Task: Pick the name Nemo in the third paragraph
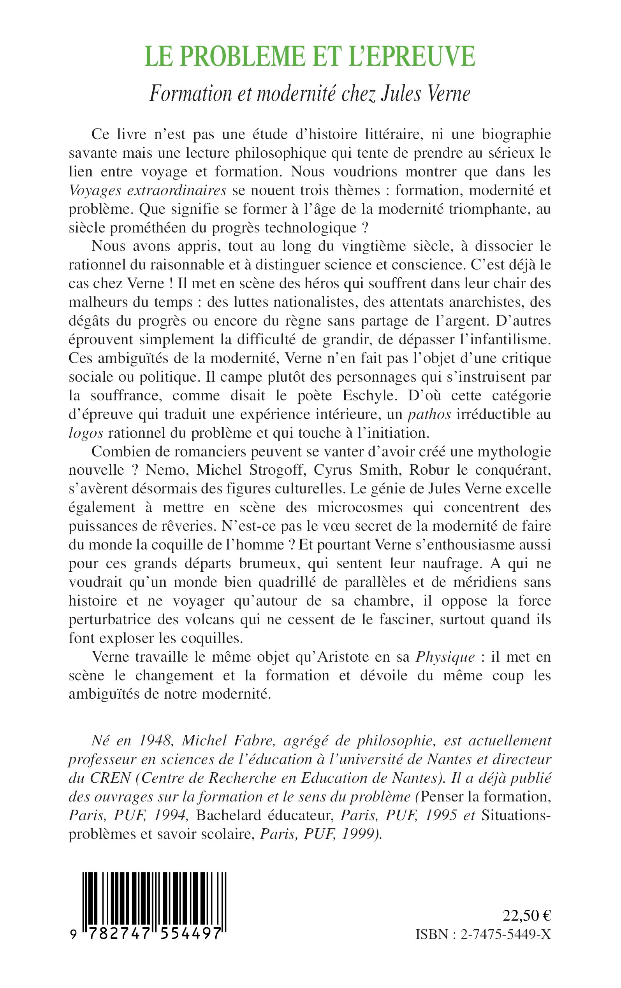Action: (171, 470)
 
